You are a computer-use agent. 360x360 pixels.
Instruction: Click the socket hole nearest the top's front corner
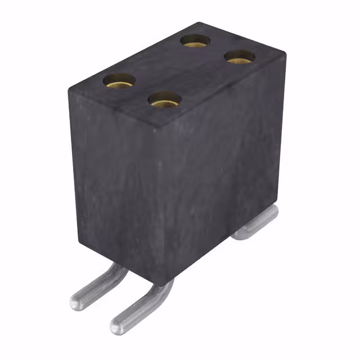pos(164,100)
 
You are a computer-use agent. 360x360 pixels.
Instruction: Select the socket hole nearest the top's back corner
pos(195,40)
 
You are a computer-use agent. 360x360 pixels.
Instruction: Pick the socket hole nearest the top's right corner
pos(240,56)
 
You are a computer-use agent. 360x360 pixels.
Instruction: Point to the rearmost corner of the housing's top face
pos(199,23)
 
